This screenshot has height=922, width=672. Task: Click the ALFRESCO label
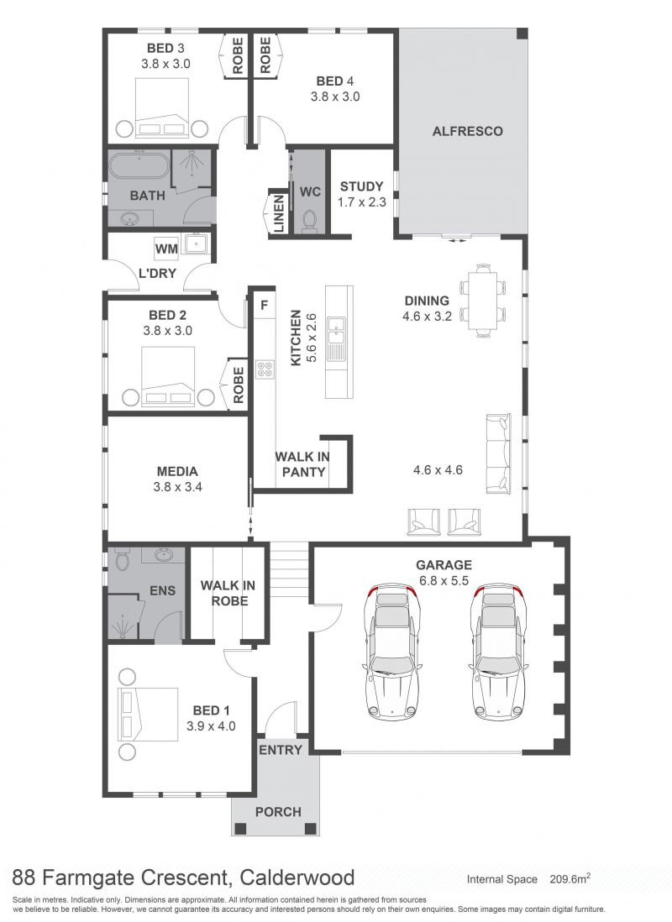(x=467, y=130)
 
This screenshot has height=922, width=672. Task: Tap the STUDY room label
(x=361, y=186)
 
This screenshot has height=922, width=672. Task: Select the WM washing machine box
(x=166, y=249)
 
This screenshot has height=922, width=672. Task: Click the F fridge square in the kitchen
(x=265, y=305)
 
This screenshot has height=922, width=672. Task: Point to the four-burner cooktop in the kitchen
(x=265, y=369)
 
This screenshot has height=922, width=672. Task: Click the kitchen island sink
(x=339, y=333)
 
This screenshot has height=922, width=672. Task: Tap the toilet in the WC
(x=309, y=220)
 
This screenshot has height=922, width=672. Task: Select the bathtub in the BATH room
(x=139, y=166)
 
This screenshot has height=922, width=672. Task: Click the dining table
(x=482, y=300)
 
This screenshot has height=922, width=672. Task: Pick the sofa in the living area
(x=498, y=454)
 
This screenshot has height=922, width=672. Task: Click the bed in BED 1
(x=149, y=714)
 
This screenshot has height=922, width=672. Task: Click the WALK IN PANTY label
(x=302, y=464)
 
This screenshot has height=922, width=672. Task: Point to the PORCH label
(x=278, y=812)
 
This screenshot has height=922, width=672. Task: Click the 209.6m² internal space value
(x=570, y=878)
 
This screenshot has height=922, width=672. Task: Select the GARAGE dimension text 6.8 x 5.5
(x=444, y=580)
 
